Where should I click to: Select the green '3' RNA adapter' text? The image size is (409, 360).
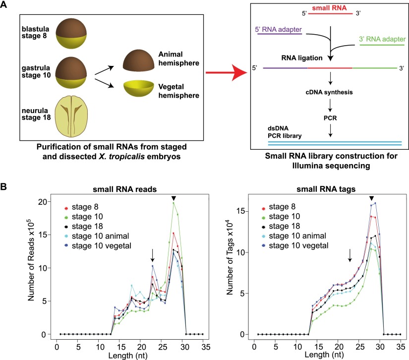click(380, 38)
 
